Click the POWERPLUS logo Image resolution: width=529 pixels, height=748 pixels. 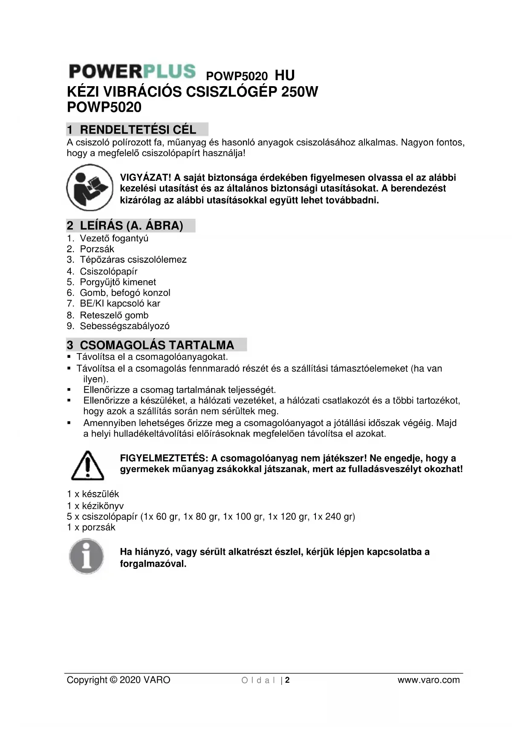point(132,71)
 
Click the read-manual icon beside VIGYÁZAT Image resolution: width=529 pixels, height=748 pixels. point(90,188)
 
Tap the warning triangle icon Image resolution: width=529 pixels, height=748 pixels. point(87,465)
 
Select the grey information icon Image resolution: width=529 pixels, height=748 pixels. point(87,557)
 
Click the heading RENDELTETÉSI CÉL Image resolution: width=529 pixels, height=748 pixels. point(138,130)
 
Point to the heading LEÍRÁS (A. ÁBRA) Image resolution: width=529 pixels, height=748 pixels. point(131,226)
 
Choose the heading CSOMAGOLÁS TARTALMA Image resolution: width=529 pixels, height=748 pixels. point(157,345)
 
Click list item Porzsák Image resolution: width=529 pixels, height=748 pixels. point(97,249)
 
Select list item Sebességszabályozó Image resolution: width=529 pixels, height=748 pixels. point(124,326)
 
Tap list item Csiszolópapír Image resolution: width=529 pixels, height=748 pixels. point(108,271)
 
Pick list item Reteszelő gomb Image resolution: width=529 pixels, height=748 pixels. point(114,315)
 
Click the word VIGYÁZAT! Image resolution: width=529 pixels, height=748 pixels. point(145,178)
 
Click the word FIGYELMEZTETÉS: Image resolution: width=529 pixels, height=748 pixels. point(164,458)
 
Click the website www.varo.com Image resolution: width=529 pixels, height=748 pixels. point(428,680)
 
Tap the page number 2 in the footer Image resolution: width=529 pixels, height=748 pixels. point(287,680)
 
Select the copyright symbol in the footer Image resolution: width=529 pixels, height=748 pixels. point(113,680)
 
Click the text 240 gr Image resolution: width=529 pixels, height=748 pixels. point(339,517)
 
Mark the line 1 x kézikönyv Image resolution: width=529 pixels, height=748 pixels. point(95,506)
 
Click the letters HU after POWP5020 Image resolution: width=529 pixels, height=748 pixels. point(284,76)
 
